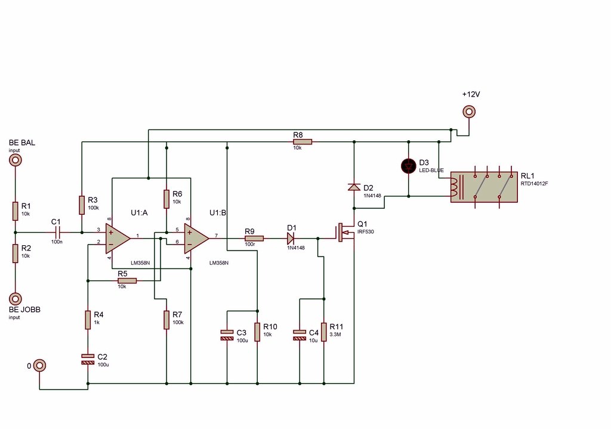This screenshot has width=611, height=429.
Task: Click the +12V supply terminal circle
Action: click(x=470, y=112)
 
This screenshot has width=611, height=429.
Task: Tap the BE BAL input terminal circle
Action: click(x=15, y=160)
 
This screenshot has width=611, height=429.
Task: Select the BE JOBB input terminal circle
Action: click(x=15, y=298)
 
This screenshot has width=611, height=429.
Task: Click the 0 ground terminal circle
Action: click(x=39, y=365)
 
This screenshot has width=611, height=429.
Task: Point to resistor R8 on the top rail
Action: click(x=302, y=142)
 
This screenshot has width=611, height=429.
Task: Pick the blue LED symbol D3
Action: click(x=409, y=166)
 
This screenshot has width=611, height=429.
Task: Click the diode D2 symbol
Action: click(x=354, y=187)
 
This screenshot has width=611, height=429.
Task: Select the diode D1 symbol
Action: click(x=292, y=238)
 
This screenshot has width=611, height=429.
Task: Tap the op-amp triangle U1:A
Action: click(x=118, y=237)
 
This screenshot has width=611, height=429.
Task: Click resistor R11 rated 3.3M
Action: click(x=324, y=332)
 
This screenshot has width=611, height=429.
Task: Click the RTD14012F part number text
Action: click(x=534, y=184)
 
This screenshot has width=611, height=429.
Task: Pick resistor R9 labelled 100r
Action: click(x=254, y=238)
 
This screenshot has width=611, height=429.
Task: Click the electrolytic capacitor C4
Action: click(x=300, y=335)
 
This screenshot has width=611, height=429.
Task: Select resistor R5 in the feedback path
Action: click(x=126, y=280)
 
